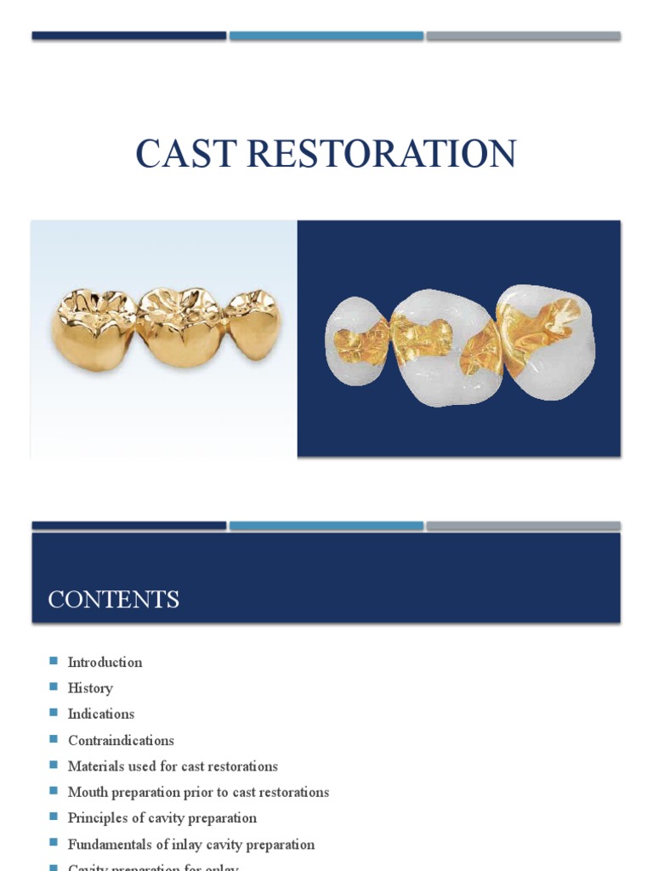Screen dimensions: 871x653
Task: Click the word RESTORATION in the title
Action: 375,153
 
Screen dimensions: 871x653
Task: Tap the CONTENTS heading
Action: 113,599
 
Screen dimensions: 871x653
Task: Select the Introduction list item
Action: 105,662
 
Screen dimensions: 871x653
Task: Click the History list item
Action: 90,688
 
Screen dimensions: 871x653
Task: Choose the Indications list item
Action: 101,714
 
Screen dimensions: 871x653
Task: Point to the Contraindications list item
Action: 121,740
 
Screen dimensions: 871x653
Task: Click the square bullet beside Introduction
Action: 54,661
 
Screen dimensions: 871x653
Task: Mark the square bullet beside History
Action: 54,687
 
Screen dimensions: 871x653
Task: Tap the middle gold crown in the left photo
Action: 180,327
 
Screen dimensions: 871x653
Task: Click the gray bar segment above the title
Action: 523,36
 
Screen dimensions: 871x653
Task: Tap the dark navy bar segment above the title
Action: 129,36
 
